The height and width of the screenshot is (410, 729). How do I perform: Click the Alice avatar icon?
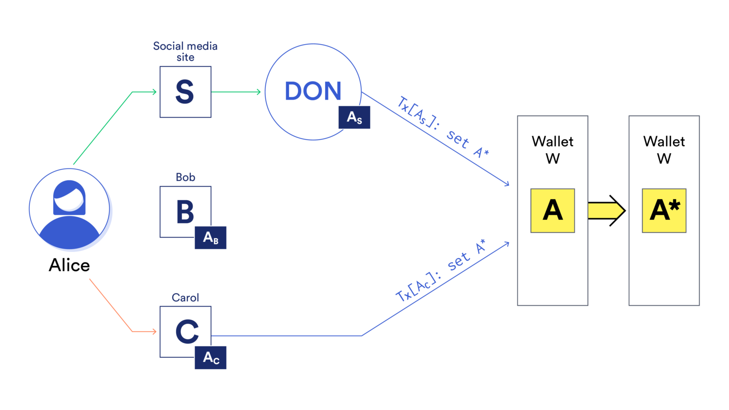pyautogui.click(x=69, y=209)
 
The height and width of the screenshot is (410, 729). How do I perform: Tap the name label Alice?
pyautogui.click(x=69, y=265)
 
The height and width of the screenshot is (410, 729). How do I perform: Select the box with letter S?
pyautogui.click(x=185, y=92)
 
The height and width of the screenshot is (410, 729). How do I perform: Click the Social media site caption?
pyautogui.click(x=185, y=52)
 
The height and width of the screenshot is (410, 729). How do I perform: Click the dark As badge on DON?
pyautogui.click(x=354, y=118)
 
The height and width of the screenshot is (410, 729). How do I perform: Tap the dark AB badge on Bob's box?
pyautogui.click(x=210, y=238)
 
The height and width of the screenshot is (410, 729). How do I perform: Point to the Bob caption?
pyautogui.click(x=185, y=177)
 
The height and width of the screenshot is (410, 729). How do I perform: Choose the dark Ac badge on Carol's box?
pyautogui.click(x=210, y=358)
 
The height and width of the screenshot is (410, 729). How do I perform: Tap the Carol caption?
pyautogui.click(x=185, y=298)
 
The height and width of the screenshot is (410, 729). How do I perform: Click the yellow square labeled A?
pyautogui.click(x=552, y=211)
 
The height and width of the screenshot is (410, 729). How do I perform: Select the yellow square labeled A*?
pyautogui.click(x=664, y=211)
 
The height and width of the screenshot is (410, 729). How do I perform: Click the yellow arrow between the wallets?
pyautogui.click(x=607, y=211)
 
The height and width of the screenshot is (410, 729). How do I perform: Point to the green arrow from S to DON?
pyautogui.click(x=236, y=92)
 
